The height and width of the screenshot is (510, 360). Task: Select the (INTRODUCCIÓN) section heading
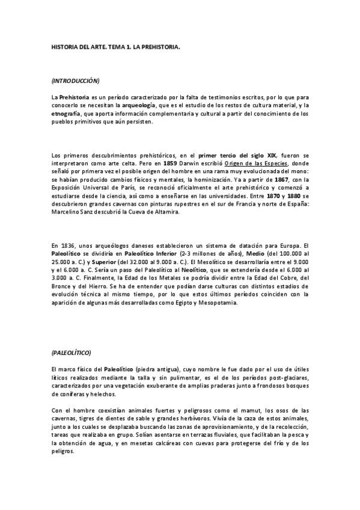[x=76, y=80]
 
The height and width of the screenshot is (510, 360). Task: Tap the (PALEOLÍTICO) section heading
[x=71, y=352]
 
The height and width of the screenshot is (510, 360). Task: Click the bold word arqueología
[x=139, y=105]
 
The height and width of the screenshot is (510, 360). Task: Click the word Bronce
[x=63, y=287]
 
